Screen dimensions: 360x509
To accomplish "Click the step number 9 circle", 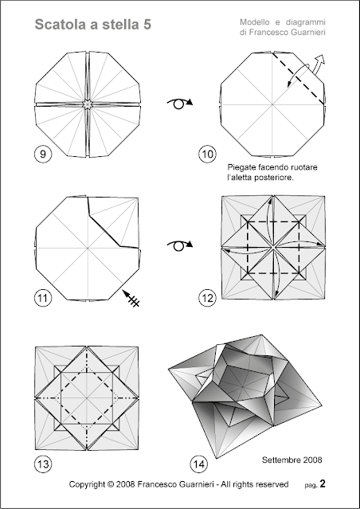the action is [43, 155].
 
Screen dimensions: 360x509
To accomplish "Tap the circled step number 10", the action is [207, 155].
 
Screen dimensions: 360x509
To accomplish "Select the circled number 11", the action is [43, 298].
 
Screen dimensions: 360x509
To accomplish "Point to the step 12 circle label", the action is [207, 298].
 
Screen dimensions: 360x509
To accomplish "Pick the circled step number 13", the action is [43, 464].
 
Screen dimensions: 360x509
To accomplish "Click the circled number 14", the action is [199, 464].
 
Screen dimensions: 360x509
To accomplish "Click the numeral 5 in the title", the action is [147, 25].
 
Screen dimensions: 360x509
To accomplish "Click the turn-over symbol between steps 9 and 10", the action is [179, 103].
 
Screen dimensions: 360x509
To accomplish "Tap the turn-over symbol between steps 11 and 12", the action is [179, 245].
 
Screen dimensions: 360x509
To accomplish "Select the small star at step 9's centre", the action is [87, 104].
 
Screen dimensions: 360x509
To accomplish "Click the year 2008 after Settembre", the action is [311, 460].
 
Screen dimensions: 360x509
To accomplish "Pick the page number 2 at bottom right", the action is [322, 484].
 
